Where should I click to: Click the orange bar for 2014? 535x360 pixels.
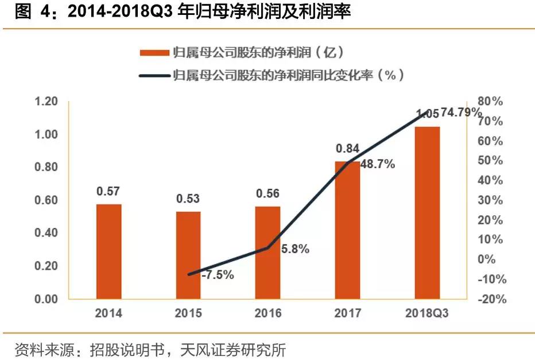[109, 251]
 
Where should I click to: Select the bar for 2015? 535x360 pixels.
[188, 256]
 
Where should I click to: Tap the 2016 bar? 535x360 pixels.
[267, 253]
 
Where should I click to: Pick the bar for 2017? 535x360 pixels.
[347, 230]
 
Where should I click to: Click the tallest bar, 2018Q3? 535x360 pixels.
[427, 212]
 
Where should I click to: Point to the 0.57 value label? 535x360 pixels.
[108, 191]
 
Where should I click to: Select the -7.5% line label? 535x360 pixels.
[218, 275]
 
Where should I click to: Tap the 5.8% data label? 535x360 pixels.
[296, 249]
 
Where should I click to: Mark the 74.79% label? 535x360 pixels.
[462, 113]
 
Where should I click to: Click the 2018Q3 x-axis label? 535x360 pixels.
[427, 313]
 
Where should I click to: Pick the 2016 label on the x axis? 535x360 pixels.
[267, 313]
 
